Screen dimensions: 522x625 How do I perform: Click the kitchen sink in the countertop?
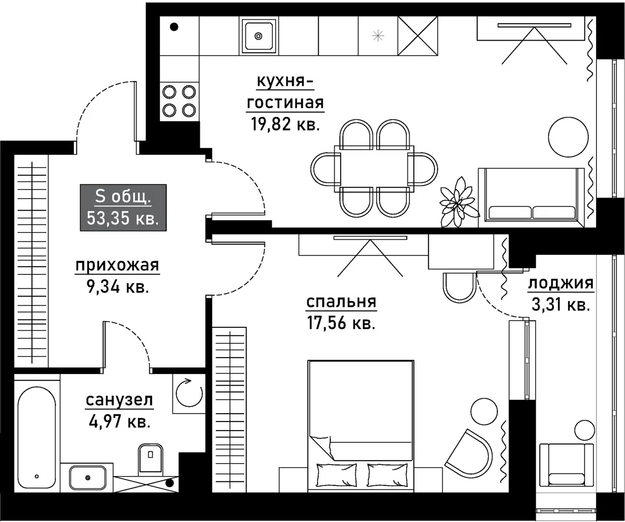(x=258, y=36)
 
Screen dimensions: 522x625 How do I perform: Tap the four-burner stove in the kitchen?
(x=179, y=101)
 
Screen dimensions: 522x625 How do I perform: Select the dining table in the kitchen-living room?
(x=374, y=169)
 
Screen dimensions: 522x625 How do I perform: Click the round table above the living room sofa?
(x=568, y=136)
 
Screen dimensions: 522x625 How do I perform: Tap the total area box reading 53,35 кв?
(x=123, y=208)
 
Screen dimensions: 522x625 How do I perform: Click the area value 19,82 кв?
(x=285, y=125)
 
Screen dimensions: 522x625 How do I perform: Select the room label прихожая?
(x=117, y=265)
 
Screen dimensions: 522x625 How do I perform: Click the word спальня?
(x=341, y=302)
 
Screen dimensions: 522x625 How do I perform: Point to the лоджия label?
(x=560, y=283)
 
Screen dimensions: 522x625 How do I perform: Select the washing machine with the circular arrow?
(x=189, y=394)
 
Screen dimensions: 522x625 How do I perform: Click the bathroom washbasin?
(x=87, y=478)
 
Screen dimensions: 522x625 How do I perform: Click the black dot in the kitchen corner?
(x=174, y=27)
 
